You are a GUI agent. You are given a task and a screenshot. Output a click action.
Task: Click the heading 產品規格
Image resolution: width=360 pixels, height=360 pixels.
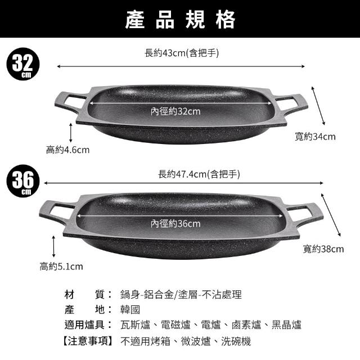click(x=180, y=20)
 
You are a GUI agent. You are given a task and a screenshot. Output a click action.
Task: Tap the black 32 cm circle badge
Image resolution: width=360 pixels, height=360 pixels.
click(x=23, y=64)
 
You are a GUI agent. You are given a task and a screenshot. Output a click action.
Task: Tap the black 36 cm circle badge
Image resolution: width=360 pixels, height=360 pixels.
click(x=23, y=181)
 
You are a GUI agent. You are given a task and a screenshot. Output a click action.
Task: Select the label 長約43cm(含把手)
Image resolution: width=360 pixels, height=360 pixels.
click(x=182, y=53)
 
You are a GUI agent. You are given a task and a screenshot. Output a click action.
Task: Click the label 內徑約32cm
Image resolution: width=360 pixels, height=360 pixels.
click(x=175, y=111)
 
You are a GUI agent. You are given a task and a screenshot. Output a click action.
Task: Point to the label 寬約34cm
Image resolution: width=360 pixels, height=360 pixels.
click(x=315, y=137)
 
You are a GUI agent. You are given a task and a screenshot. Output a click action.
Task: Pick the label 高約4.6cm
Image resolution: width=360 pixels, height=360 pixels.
click(x=67, y=150)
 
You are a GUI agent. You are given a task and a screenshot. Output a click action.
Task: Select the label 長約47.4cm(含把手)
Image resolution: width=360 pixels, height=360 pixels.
click(x=199, y=174)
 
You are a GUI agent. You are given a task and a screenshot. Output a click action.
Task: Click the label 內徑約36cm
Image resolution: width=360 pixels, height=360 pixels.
click(x=175, y=224)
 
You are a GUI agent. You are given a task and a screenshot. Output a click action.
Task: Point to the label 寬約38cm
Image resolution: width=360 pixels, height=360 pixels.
click(x=323, y=249)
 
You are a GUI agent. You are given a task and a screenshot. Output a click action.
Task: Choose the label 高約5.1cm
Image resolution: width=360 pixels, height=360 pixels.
click(x=61, y=267)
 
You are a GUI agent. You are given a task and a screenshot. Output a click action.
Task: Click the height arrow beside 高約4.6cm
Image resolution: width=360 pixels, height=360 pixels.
click(x=71, y=133)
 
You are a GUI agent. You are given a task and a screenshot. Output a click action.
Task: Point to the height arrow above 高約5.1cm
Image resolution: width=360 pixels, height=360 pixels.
click(x=54, y=246)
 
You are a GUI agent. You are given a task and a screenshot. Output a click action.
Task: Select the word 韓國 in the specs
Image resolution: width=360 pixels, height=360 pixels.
click(x=130, y=310)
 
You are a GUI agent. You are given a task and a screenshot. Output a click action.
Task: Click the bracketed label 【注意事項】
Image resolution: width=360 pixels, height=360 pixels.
click(x=88, y=341)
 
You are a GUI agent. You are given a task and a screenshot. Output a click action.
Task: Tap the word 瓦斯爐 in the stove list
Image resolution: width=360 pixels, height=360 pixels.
click(x=135, y=325)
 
